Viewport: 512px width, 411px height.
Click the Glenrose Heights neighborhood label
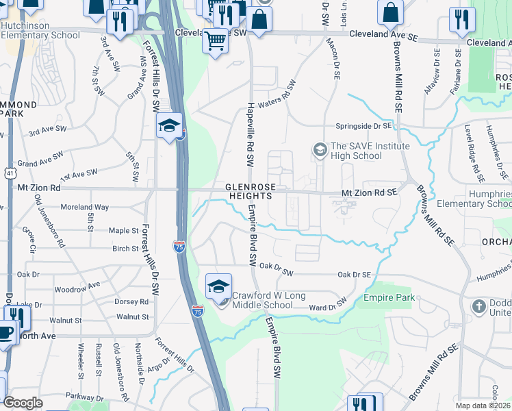point(249,192)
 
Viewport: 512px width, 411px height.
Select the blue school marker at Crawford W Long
point(219,287)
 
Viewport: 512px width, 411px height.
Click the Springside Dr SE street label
point(363,127)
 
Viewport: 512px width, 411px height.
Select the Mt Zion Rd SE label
point(369,194)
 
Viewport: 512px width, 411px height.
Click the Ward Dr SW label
point(329,306)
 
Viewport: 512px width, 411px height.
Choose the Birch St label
point(125,249)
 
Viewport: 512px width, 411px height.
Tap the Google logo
point(23,403)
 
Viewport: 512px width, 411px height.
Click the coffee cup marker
point(6,334)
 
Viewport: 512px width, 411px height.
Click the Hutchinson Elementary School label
point(41,29)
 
